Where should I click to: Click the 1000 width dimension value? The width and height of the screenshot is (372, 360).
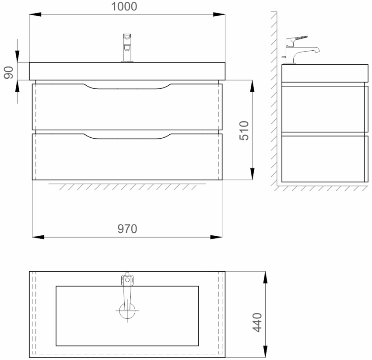pyautogui.click(x=124, y=7)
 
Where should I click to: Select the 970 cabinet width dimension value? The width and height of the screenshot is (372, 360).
pyautogui.click(x=127, y=229)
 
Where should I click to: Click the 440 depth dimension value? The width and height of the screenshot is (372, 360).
pyautogui.click(x=258, y=322)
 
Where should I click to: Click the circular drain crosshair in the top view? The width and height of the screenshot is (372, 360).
pyautogui.click(x=127, y=311)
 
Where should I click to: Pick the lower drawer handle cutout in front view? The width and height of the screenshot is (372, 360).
pyautogui.click(x=127, y=136)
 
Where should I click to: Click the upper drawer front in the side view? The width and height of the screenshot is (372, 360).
pyautogui.click(x=324, y=109)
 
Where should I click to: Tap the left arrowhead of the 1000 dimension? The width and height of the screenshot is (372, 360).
pyautogui.click(x=35, y=14)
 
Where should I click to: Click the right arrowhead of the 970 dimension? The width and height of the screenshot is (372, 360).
pyautogui.click(x=216, y=237)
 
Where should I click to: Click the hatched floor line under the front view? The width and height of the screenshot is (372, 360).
pyautogui.click(x=127, y=187)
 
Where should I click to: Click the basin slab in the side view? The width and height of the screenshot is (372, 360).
pyautogui.click(x=324, y=73)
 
